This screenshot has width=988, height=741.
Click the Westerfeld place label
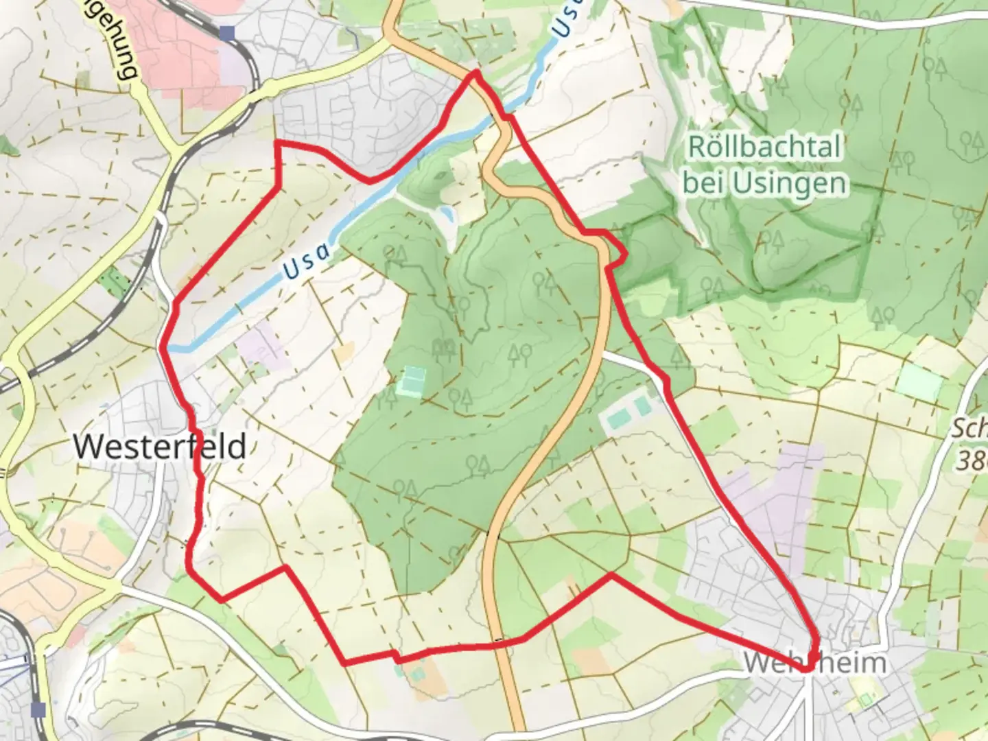coord(159,447)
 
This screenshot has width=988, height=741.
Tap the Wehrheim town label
coord(814,663)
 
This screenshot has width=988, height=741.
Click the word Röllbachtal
coord(764,147)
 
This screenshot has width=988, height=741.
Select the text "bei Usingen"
coord(764,183)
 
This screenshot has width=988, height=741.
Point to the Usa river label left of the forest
coord(307,262)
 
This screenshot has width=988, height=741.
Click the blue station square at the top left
coord(228,32)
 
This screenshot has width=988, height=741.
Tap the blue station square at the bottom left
coord(39,709)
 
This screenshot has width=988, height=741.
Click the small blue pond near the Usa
coord(446,213)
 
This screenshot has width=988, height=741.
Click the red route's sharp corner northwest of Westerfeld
coord(277,142)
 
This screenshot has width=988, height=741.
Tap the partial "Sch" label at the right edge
coord(969,430)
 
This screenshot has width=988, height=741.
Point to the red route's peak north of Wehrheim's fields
coord(611,575)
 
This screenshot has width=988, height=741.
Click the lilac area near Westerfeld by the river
coord(259,344)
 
